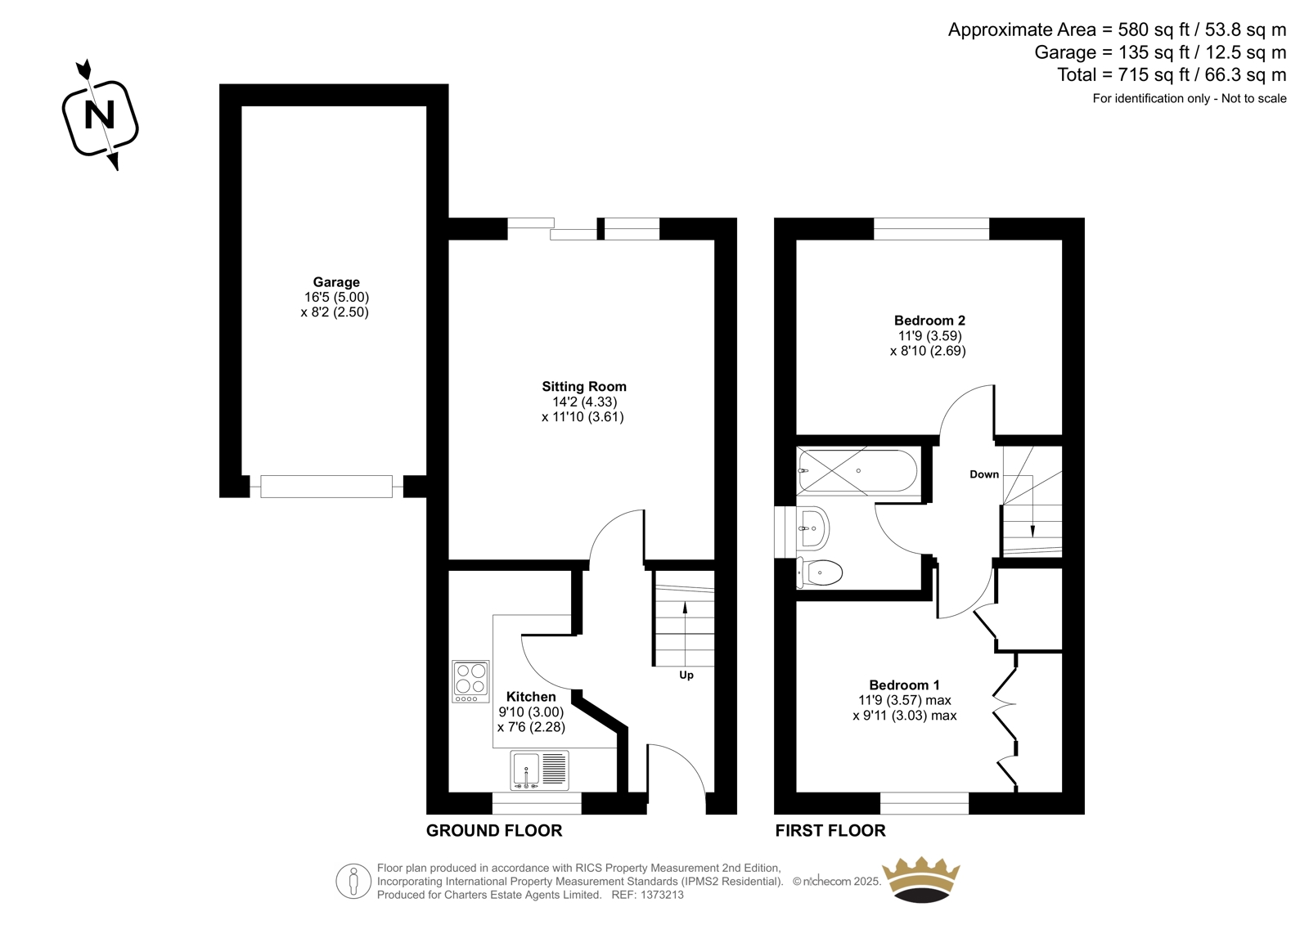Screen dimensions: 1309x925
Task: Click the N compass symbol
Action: (100, 117)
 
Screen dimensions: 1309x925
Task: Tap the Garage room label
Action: (336, 282)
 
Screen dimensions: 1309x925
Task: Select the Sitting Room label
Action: (584, 386)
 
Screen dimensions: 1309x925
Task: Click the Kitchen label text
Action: (531, 697)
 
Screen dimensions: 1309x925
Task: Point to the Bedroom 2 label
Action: (929, 321)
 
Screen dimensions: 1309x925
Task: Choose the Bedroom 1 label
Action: (904, 685)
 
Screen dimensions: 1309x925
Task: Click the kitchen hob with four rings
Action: (470, 681)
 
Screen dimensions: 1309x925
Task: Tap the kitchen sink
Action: (539, 770)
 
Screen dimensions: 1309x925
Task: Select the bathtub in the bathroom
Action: (857, 470)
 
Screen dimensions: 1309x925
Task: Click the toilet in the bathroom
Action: (819, 573)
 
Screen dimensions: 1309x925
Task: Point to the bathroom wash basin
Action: (813, 528)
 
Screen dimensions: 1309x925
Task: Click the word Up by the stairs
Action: (686, 675)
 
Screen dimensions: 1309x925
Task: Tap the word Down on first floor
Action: (984, 474)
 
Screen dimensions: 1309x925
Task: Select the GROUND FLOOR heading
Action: (494, 830)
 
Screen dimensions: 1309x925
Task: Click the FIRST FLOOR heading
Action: (830, 830)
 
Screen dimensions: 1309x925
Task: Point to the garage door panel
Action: (326, 487)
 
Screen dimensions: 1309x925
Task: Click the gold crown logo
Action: (921, 879)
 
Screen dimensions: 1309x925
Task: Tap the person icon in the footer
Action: (353, 881)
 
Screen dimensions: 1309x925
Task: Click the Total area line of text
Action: (1172, 74)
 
